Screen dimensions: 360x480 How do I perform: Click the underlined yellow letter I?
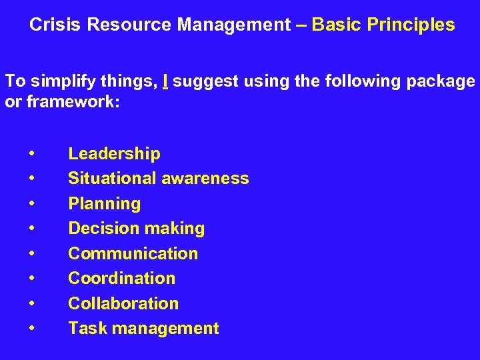(x=165, y=81)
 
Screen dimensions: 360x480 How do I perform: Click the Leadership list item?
(x=114, y=154)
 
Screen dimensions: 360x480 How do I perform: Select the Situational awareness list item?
(x=159, y=179)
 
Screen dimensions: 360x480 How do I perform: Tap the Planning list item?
(x=105, y=204)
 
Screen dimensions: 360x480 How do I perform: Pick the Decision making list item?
(x=136, y=229)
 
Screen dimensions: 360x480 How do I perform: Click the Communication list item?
(x=133, y=253)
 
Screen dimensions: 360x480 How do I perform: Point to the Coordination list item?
(x=121, y=278)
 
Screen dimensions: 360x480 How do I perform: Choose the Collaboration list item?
(x=123, y=303)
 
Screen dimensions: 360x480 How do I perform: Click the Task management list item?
(x=143, y=328)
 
